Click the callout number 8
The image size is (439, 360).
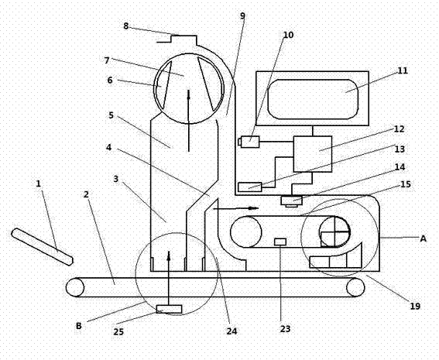point(125,26)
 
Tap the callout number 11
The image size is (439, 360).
point(403,70)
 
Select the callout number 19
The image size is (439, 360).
point(415,307)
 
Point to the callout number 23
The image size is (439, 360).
point(285,329)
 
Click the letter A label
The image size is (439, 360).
point(423,238)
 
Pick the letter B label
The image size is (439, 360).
point(79,326)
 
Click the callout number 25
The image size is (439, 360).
point(118,331)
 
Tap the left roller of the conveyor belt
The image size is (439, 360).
point(75,287)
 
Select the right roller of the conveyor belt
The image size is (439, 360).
point(355,287)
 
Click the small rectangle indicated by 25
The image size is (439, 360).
point(169,309)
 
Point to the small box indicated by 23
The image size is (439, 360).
point(280,242)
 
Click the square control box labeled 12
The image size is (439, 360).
point(313,154)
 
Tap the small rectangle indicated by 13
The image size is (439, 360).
point(250,187)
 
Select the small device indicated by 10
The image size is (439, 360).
point(249,142)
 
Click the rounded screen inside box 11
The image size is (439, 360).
point(313,99)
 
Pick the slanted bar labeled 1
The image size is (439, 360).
point(43,247)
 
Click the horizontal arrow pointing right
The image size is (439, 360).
point(235,208)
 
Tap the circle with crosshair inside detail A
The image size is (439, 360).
point(334,231)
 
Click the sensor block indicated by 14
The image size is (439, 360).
point(292,201)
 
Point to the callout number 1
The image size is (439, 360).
point(39,183)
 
